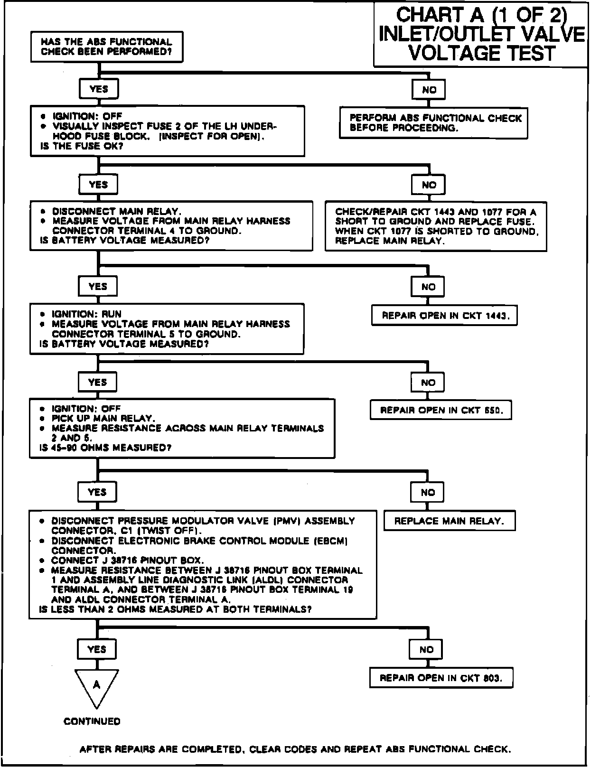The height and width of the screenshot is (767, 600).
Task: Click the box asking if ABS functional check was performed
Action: [x=106, y=47]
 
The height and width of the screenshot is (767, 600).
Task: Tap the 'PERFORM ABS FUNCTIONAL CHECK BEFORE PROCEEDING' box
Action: [x=433, y=123]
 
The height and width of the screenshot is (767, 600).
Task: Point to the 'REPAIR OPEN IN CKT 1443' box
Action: [x=444, y=316]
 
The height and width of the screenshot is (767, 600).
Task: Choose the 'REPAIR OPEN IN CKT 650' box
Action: [x=441, y=411]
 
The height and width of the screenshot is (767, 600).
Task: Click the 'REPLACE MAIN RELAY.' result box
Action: [x=449, y=521]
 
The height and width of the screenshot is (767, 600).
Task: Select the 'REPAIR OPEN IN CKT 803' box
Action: [x=441, y=678]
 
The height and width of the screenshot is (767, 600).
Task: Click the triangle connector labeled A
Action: [x=97, y=687]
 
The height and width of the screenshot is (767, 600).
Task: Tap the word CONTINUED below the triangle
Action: [x=92, y=721]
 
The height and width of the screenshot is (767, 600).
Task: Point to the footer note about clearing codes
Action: [x=295, y=749]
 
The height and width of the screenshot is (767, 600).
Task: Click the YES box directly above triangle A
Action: [x=97, y=649]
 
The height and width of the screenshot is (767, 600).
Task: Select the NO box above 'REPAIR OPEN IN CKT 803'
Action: [x=427, y=650]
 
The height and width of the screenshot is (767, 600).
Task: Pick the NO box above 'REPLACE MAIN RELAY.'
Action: [x=428, y=493]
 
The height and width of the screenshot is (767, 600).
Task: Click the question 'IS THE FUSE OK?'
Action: [x=82, y=146]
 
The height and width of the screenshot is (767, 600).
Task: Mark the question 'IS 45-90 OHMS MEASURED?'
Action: [x=105, y=448]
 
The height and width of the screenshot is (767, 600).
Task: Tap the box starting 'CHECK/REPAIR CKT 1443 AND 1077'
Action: [x=436, y=226]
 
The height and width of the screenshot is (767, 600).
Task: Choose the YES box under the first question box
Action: [x=99, y=89]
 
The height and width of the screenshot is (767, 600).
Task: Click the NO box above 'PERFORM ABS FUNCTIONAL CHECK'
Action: [x=429, y=90]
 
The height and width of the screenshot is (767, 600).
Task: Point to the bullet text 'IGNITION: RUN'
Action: [x=87, y=314]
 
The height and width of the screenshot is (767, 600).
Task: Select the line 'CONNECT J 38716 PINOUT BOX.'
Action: [x=128, y=561]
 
